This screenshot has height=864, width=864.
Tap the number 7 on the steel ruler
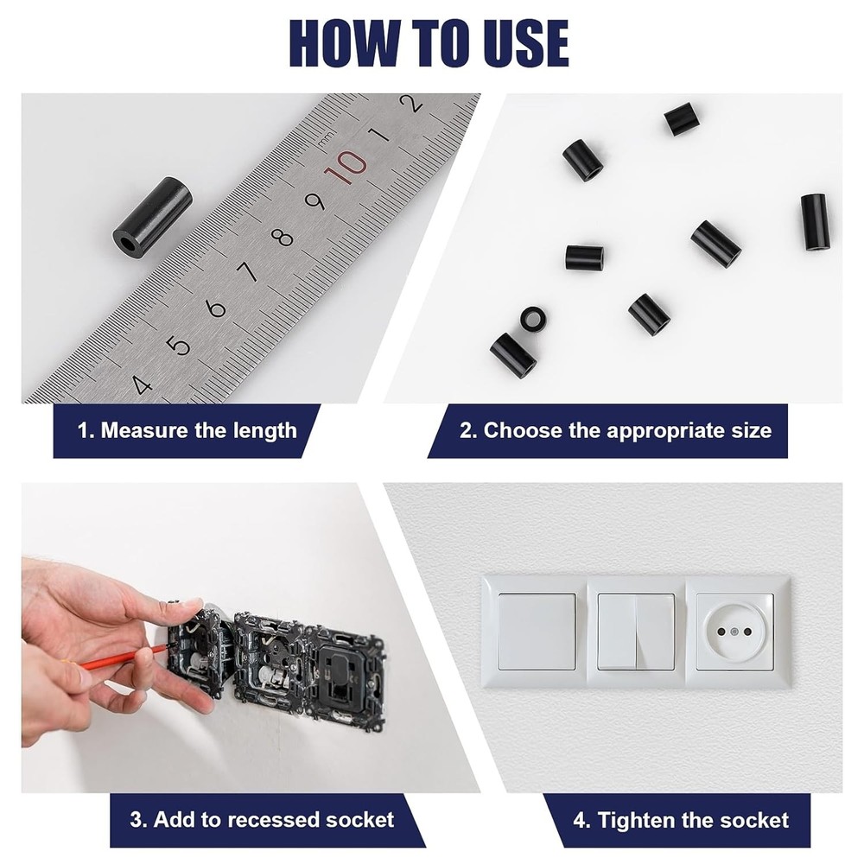pyautogui.click(x=248, y=272)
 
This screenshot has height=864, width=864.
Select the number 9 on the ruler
pyautogui.click(x=315, y=201)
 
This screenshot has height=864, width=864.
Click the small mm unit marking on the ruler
pyautogui.click(x=325, y=137)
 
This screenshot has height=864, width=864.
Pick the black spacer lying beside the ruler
pyautogui.click(x=153, y=216)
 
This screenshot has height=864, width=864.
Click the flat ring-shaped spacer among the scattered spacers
pyautogui.click(x=532, y=317)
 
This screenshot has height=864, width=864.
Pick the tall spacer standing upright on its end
pyautogui.click(x=814, y=222)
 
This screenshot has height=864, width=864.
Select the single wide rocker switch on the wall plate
pyautogui.click(x=537, y=632)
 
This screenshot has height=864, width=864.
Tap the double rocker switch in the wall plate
pyautogui.click(x=636, y=632)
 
